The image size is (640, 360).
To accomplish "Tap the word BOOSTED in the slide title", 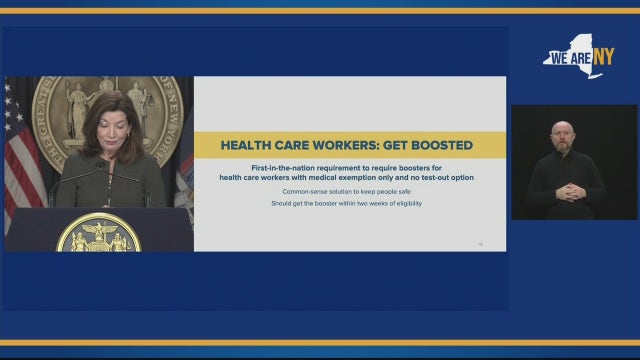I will tap(436, 145).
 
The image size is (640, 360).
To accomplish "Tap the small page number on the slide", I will tap(480, 243).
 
